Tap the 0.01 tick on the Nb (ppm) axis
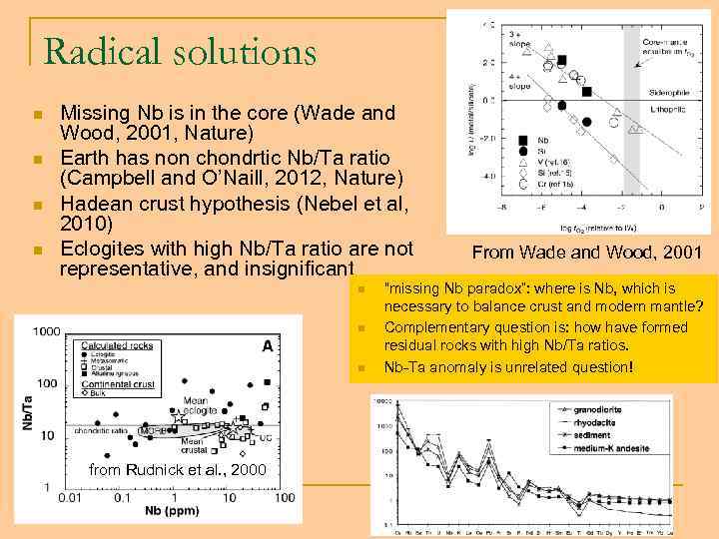click(70, 497)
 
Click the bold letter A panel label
click(268, 345)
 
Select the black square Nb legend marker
click(522, 140)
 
